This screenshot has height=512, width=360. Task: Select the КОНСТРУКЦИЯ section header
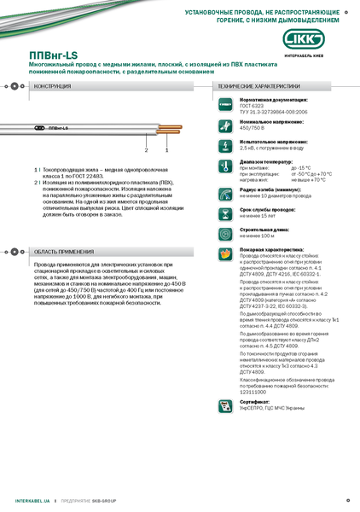coord(52,86)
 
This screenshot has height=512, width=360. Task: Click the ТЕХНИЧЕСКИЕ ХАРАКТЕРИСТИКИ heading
coord(258,86)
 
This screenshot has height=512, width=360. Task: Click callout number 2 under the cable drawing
coord(146,150)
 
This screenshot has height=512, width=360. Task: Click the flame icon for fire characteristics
coord(225,253)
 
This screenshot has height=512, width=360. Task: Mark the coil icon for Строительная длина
coord(225,231)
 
